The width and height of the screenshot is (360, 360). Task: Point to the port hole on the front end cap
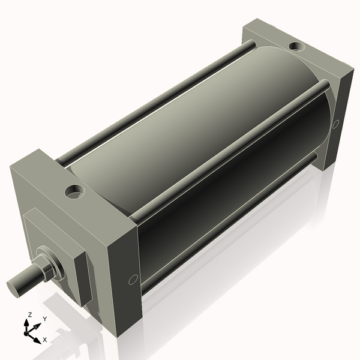pos(75,192)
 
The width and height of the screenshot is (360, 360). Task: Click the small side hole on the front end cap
pos(133,279)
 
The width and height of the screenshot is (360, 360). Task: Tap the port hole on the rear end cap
pos(295,46)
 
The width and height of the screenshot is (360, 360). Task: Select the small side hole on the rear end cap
pos(335,124)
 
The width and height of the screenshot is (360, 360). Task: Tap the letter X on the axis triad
pos(44,340)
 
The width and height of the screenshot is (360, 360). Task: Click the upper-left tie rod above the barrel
pos(150,102)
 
